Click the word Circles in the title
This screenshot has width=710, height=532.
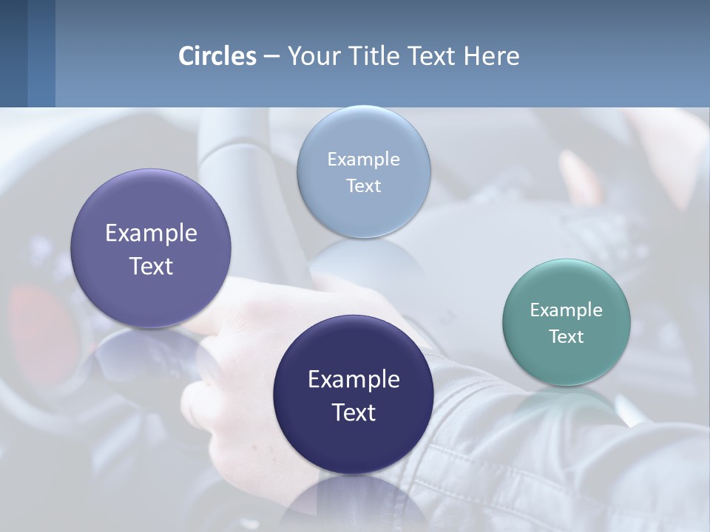(217, 56)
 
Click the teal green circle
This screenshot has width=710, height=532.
(567, 322)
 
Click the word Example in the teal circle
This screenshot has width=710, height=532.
(567, 310)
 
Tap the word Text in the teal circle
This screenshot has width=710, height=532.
(567, 337)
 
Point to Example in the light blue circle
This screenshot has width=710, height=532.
(363, 160)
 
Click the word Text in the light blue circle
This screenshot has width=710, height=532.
(363, 186)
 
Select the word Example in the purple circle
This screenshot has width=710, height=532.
(151, 233)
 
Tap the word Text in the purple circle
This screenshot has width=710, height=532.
(151, 266)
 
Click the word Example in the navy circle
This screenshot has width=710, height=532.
(354, 380)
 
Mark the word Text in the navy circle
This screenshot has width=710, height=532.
(354, 412)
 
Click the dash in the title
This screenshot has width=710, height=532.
(271, 57)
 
